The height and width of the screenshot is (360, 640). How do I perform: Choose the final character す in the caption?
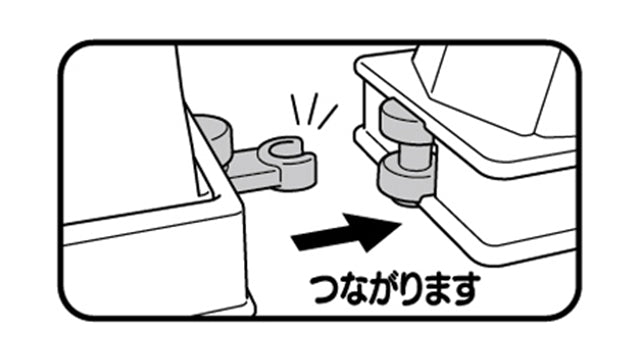[x=464, y=290]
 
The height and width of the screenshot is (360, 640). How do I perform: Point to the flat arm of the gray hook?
[x=249, y=167]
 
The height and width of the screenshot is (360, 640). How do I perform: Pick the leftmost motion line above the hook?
[x=295, y=109]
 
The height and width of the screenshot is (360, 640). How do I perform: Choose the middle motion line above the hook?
[x=313, y=109]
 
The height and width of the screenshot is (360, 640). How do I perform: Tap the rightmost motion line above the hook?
[x=327, y=116]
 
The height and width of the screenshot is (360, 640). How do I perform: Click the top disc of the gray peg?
[x=406, y=120]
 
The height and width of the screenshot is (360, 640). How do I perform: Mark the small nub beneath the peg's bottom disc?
[x=406, y=202]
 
